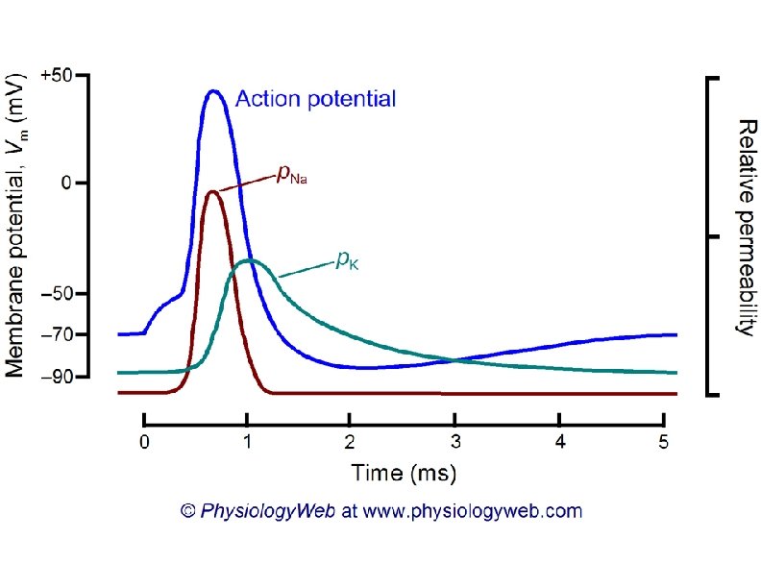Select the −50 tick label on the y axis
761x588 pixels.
pyautogui.click(x=61, y=293)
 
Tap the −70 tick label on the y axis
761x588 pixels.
pyautogui.click(x=61, y=334)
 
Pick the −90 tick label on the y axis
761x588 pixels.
pyautogui.click(x=61, y=376)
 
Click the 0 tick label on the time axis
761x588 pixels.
pyautogui.click(x=144, y=443)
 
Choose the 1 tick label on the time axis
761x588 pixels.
pyautogui.click(x=248, y=443)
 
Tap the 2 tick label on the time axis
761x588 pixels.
pyautogui.click(x=352, y=443)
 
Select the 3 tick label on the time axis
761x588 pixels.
pyautogui.click(x=455, y=443)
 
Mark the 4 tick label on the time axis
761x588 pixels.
pyautogui.click(x=560, y=443)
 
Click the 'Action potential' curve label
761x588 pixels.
pyautogui.click(x=315, y=99)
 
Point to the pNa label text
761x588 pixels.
pyautogui.click(x=292, y=174)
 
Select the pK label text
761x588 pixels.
pyautogui.click(x=347, y=258)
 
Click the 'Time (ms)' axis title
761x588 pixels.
pyautogui.click(x=404, y=473)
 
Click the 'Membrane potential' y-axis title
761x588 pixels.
pyautogui.click(x=16, y=227)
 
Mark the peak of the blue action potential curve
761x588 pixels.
pyautogui.click(x=214, y=91)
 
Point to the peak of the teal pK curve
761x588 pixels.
pyautogui.click(x=249, y=260)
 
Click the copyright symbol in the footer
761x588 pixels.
pyautogui.click(x=188, y=511)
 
